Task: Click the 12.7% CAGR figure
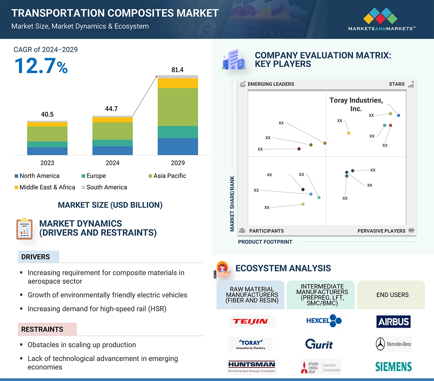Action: (x=41, y=66)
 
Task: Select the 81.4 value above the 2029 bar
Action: (x=177, y=70)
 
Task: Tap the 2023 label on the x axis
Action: (x=47, y=163)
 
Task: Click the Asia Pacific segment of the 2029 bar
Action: (x=178, y=107)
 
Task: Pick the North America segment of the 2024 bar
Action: (x=112, y=150)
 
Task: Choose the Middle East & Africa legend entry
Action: (x=45, y=187)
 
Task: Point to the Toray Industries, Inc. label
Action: (x=356, y=104)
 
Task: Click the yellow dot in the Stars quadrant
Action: (x=349, y=133)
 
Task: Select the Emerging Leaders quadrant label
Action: (x=271, y=84)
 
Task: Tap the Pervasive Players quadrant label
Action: (x=381, y=231)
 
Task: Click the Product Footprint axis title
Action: (x=265, y=242)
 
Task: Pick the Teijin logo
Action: (x=251, y=321)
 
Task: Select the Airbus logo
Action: (x=393, y=322)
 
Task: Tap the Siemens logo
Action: (x=393, y=367)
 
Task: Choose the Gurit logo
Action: (x=319, y=344)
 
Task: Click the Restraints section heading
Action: (x=42, y=329)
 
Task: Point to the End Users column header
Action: (x=392, y=295)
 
